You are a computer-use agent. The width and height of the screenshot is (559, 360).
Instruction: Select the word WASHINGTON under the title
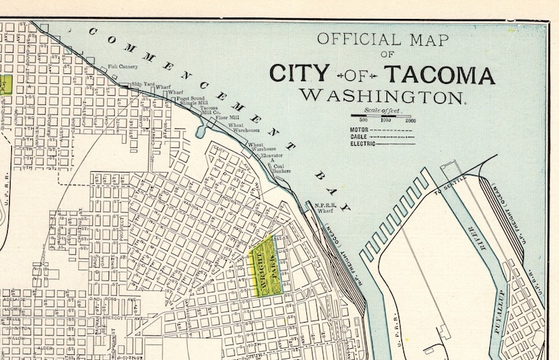[382, 96]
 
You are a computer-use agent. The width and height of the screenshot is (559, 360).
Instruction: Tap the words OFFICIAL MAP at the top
[382, 39]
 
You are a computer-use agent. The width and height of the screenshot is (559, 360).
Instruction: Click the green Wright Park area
[263, 264]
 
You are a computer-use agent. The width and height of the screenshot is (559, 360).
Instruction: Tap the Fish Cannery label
[123, 68]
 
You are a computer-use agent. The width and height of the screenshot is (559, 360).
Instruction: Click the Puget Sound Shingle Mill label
[192, 100]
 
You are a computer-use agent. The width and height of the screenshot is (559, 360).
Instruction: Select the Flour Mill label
[227, 117]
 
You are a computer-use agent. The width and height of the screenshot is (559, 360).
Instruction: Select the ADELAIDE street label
[14, 300]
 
